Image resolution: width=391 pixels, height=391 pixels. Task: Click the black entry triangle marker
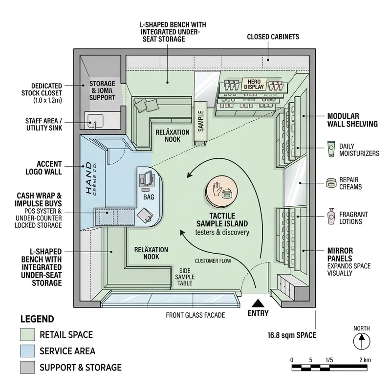point(258,303)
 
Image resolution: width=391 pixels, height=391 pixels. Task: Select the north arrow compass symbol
point(362,341)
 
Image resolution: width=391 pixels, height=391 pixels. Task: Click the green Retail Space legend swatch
point(27,335)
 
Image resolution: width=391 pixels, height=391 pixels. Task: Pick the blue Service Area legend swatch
point(27,351)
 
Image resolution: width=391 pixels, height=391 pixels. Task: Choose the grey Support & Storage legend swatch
point(27,367)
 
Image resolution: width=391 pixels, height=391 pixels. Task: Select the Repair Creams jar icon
point(331,183)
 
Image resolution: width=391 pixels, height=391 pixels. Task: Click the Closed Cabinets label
point(273,37)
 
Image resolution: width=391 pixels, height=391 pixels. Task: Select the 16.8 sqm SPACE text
point(291,335)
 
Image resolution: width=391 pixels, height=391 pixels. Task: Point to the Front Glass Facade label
point(195,315)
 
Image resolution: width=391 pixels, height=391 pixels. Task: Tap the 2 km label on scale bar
point(365,360)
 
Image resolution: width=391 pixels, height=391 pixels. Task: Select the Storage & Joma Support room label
point(102,90)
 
